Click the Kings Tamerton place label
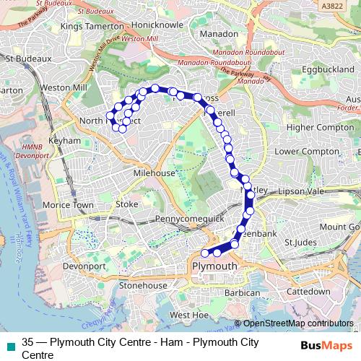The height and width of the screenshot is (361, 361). point(92,27)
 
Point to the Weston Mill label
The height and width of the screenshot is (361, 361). point(64,87)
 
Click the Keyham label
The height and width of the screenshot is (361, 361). point(61,142)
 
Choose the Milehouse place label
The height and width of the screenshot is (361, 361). point(154,174)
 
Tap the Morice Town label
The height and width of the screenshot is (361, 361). point(68,205)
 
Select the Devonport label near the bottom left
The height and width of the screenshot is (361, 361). point(84,266)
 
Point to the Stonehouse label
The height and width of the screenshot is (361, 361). point(143,286)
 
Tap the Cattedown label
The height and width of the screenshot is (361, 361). point(308,292)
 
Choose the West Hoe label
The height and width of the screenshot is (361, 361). point(190,316)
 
